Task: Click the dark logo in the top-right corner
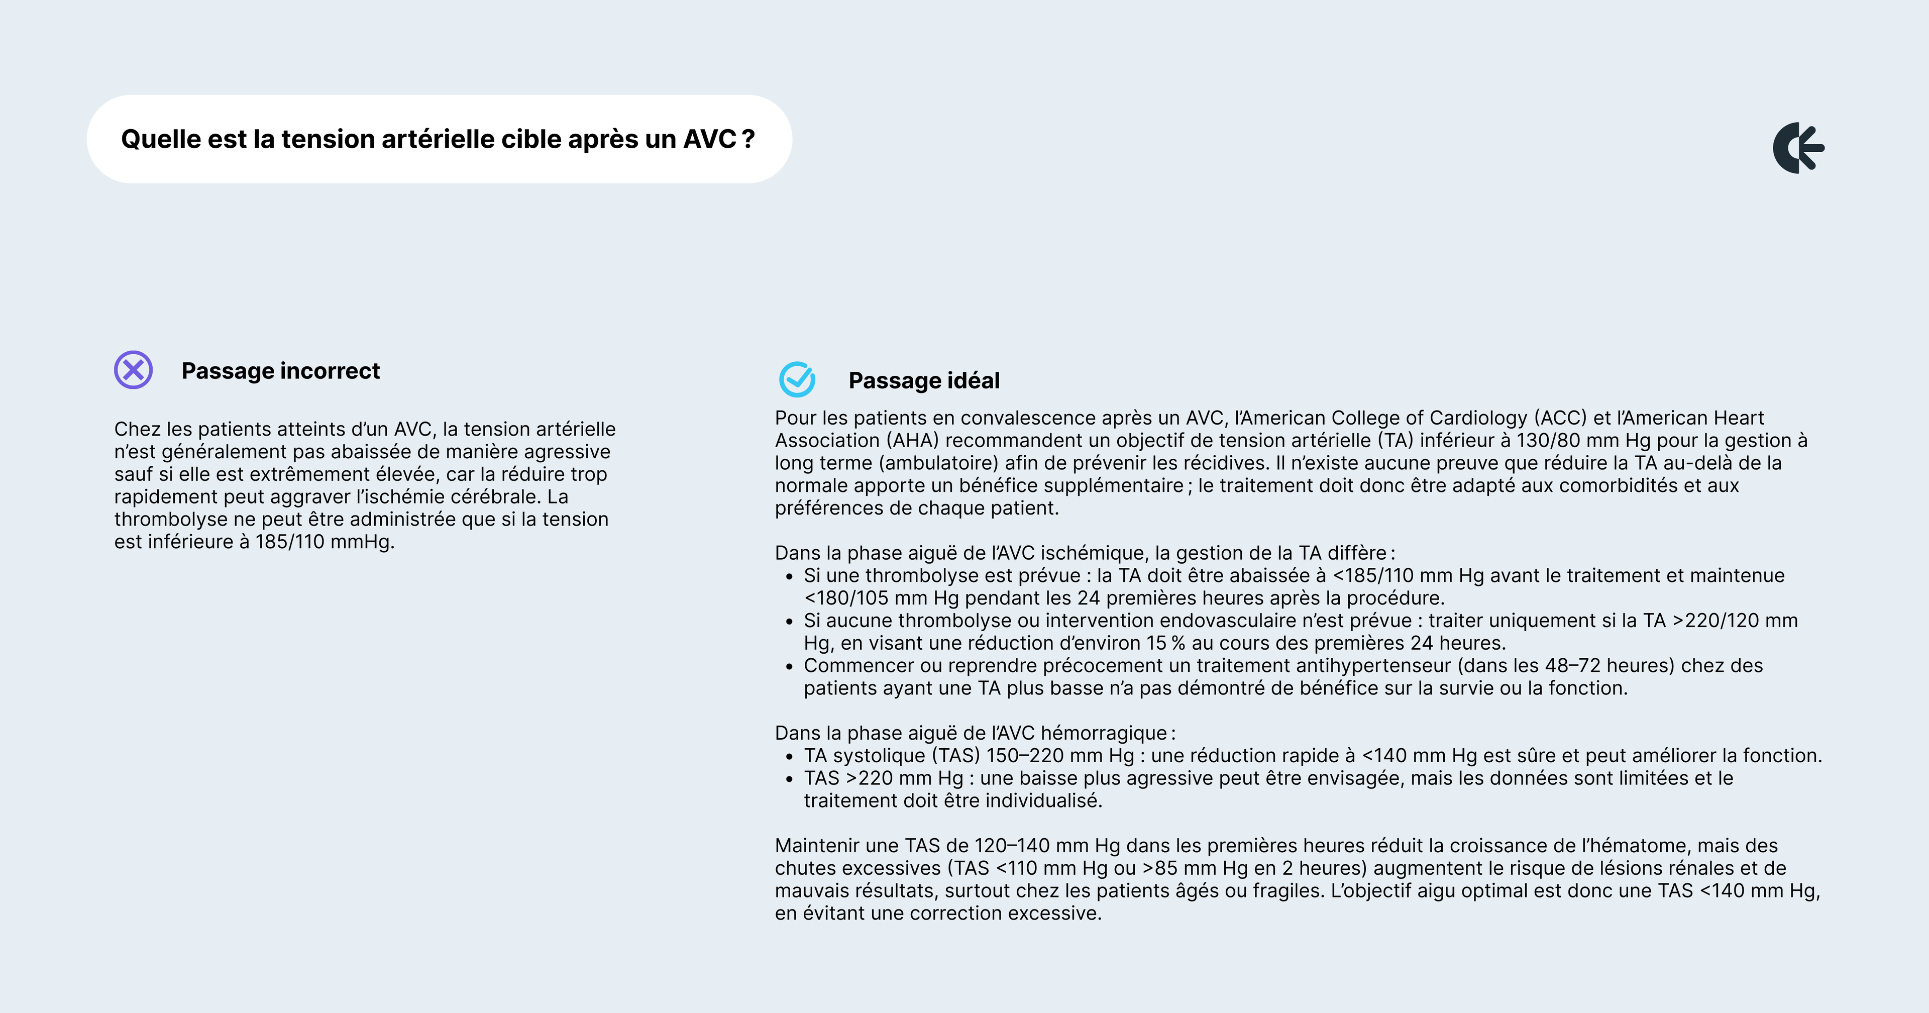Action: tap(1798, 148)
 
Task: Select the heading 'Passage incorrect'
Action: tap(280, 371)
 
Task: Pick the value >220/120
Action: tap(1715, 621)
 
